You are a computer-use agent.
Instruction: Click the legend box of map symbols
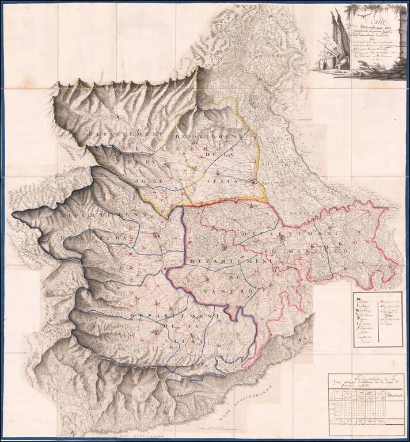pyautogui.click(x=377, y=319)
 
